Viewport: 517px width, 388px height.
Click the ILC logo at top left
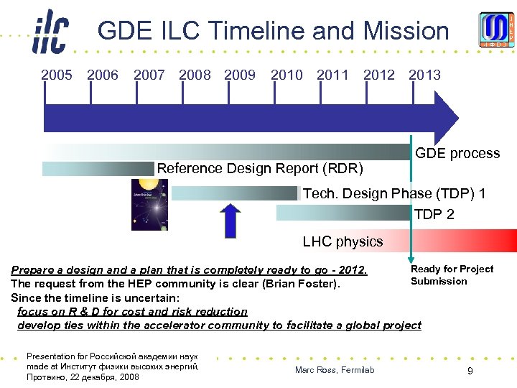click(x=50, y=32)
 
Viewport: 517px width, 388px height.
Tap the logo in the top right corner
click(x=497, y=30)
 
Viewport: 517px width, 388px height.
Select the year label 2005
click(x=57, y=75)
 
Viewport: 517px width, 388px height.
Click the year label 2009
click(x=240, y=75)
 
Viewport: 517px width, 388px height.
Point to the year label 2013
click(x=424, y=75)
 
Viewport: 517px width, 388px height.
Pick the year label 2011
click(x=332, y=75)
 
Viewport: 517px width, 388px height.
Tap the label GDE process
click(x=457, y=153)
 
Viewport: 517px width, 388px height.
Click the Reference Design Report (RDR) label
click(x=260, y=169)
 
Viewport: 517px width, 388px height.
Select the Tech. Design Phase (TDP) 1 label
click(x=394, y=194)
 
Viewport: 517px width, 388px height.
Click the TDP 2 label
click(x=434, y=214)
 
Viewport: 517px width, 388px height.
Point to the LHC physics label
click(x=343, y=241)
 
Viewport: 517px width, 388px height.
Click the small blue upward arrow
click(x=230, y=221)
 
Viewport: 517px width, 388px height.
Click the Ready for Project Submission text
click(x=452, y=275)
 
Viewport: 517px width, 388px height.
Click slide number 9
click(x=470, y=371)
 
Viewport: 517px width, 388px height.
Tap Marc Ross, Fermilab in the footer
click(x=335, y=370)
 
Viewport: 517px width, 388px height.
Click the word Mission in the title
click(x=406, y=31)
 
